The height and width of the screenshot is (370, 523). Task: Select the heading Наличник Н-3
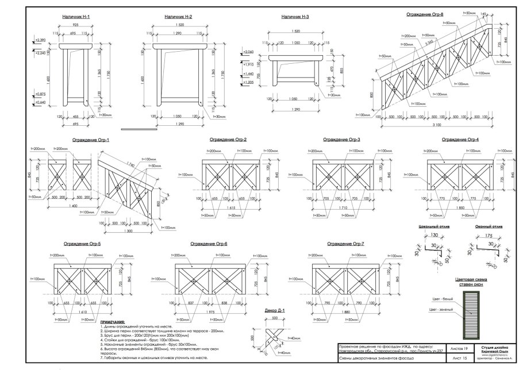tap(295, 17)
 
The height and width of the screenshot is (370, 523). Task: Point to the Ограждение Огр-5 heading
tap(82, 244)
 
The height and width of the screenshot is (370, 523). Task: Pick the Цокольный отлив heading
tap(434, 228)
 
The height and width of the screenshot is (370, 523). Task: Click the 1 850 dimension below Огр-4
tap(462, 207)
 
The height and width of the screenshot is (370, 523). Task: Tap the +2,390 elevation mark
tap(39, 40)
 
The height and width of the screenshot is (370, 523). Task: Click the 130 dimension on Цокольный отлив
tap(434, 235)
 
